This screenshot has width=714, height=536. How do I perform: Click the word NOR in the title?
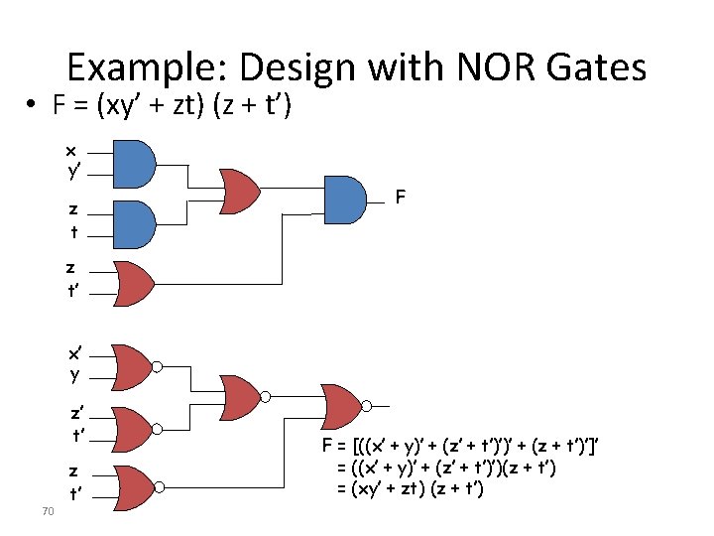pos(496,67)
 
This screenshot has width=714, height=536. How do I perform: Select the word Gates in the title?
pos(596,67)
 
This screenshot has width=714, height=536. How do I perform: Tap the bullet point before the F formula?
pos(31,104)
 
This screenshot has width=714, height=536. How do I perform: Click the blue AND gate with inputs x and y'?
pos(134,164)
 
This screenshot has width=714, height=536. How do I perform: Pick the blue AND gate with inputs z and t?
pos(134,224)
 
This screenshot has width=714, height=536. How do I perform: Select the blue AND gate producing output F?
pos(345,200)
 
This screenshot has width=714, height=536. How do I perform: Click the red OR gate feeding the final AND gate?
pos(240,192)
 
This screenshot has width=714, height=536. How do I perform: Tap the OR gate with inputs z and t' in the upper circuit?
pos(134,284)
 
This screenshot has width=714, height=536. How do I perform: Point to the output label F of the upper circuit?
pos(401,197)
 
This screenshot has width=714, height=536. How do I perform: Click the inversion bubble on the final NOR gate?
pos(367,406)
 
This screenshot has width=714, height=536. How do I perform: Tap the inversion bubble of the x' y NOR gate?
pos(157,367)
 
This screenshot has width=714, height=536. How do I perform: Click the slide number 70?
pos(48,511)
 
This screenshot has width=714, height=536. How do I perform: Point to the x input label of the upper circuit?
pos(70,151)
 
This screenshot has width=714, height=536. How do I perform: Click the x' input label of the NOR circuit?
pos(74,353)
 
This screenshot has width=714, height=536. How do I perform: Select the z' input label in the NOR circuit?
pos(76,413)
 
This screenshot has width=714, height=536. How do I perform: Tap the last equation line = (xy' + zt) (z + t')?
pos(410,488)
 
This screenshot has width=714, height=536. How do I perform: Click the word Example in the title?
pos(147,67)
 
